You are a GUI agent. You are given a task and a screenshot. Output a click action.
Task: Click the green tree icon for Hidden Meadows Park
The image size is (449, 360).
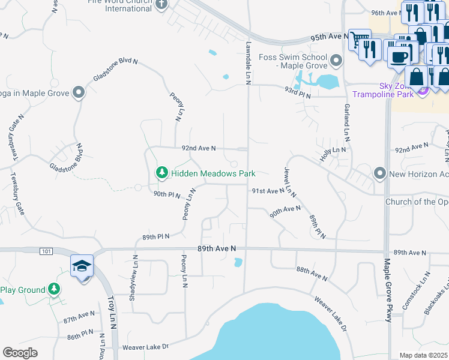pos(161,173)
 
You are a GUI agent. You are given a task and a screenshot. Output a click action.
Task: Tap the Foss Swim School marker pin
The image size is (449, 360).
pos(336,61)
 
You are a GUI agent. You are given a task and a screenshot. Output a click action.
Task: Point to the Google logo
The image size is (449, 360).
pos(20,353)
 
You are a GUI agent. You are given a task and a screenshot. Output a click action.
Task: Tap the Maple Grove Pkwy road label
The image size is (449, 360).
pos(388,290)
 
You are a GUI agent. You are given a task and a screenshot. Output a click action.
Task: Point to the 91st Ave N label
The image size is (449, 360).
pos(267,191)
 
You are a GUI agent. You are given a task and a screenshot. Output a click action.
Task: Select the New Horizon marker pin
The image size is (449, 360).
pos(379,173)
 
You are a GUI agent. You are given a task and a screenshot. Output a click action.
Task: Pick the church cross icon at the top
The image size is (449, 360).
pos(161,5)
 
